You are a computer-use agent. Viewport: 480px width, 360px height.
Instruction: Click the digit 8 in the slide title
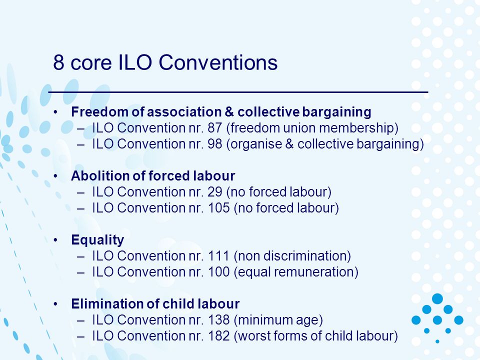pos(58,62)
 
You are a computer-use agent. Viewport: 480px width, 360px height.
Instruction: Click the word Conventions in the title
pos(218,62)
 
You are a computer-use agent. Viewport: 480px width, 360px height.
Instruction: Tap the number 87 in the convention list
pos(214,128)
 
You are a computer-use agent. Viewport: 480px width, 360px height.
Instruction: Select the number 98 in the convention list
pos(214,144)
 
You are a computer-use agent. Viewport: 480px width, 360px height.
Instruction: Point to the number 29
pos(214,192)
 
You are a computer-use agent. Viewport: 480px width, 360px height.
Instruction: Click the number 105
pos(218,208)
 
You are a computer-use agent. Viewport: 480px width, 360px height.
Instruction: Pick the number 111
pos(218,256)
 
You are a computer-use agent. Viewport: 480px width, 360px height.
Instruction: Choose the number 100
pos(218,272)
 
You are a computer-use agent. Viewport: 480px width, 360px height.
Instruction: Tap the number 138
pos(218,320)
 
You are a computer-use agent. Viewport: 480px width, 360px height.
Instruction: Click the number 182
pos(218,336)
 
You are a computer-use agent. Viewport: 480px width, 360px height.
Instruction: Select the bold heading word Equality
pos(97,240)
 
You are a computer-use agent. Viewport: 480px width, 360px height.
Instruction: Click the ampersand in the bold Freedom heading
pos(229,111)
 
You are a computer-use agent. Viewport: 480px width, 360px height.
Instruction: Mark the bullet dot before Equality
pos(55,240)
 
